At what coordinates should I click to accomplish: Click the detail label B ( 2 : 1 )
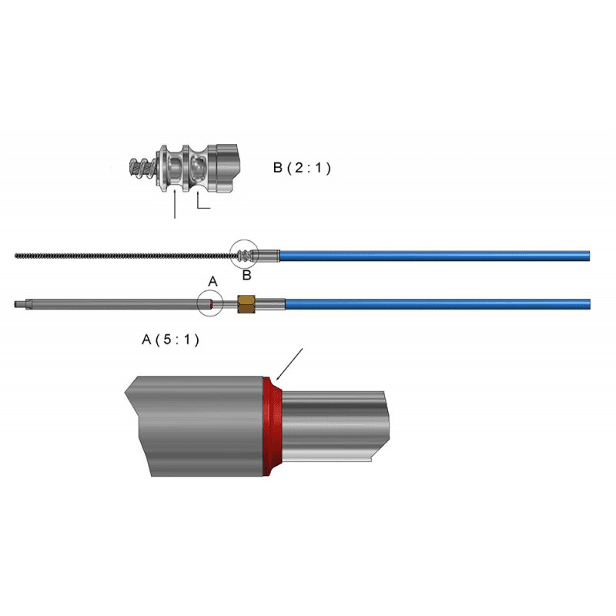pos(302,168)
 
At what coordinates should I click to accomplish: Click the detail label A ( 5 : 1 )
pos(170,340)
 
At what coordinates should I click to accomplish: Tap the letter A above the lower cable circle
pos(213,281)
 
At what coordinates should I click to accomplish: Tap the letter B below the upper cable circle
pos(246,275)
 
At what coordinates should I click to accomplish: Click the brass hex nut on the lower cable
pos(246,303)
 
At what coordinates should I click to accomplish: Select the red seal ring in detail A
pos(272,427)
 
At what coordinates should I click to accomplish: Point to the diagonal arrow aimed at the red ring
pos(290,364)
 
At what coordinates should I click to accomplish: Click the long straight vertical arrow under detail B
pos(175,204)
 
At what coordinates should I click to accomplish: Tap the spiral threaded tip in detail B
pos(144,168)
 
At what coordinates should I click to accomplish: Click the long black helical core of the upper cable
pos(124,256)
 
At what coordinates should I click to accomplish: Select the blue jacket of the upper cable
pos(434,256)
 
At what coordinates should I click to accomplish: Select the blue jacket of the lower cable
pos(437,304)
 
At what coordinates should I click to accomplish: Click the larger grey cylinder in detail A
pos(195,427)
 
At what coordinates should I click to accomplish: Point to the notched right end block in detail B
pos(226,168)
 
